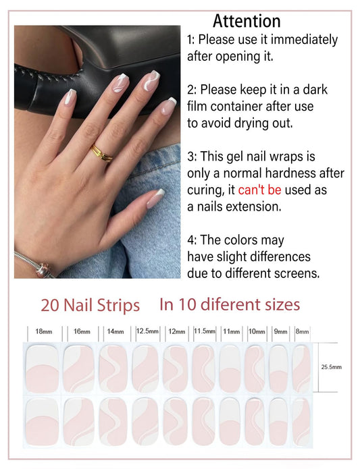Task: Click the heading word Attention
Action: pyautogui.click(x=247, y=21)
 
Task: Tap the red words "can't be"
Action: pyautogui.click(x=259, y=190)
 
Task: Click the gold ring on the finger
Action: pyautogui.click(x=102, y=154)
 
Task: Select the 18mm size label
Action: pyautogui.click(x=44, y=331)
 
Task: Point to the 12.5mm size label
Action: pyautogui.click(x=147, y=331)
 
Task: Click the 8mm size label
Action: pyautogui.click(x=302, y=331)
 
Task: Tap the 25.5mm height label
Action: pyautogui.click(x=331, y=367)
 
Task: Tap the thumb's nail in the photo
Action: pyautogui.click(x=155, y=198)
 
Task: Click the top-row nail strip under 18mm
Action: pyautogui.click(x=42, y=369)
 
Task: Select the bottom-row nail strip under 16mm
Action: pyautogui.click(x=79, y=422)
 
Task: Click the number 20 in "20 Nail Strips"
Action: pyautogui.click(x=50, y=306)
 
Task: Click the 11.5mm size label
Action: pyautogui.click(x=205, y=331)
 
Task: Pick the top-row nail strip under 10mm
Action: pyautogui.click(x=255, y=369)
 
